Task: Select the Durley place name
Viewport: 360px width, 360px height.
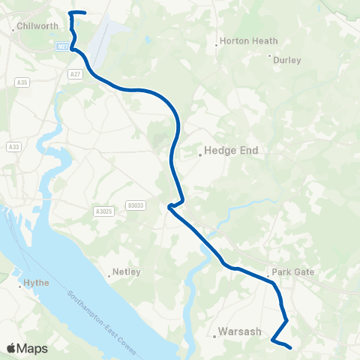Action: [x=287, y=59]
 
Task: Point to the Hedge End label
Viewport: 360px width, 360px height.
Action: [x=232, y=151]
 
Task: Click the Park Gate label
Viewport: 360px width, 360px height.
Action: [x=293, y=272]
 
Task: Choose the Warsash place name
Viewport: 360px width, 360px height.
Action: [x=239, y=331]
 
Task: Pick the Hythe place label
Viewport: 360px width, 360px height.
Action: [x=37, y=284]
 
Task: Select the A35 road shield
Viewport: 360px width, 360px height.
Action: [x=22, y=80]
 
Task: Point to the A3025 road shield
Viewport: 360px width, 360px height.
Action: [x=104, y=212]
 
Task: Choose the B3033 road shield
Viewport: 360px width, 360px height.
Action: [x=136, y=205]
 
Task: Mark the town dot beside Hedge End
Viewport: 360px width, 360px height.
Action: [x=200, y=156]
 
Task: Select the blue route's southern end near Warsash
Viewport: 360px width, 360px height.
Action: [x=289, y=347]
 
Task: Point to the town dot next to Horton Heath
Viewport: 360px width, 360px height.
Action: [x=217, y=45]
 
